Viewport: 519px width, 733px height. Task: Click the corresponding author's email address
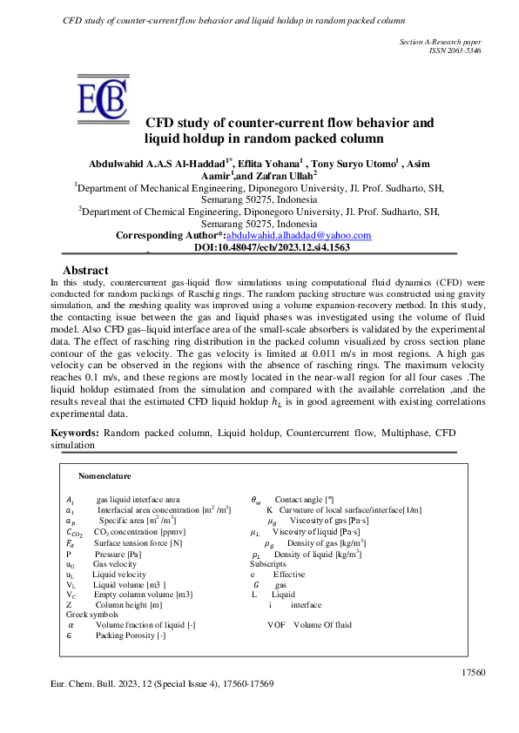[x=299, y=235]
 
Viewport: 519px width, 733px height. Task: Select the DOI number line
[x=272, y=247]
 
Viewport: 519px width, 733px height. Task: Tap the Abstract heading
[x=85, y=271]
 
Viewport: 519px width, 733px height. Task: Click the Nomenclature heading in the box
[x=104, y=476]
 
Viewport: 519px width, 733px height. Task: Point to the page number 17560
[x=470, y=672]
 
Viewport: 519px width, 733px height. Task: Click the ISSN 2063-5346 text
[x=455, y=50]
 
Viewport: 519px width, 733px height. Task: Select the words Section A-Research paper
[x=440, y=41]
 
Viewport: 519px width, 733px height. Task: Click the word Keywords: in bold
[x=75, y=433]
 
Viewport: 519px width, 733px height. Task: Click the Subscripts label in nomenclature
[x=267, y=563]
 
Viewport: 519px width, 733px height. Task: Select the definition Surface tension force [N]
[x=138, y=542]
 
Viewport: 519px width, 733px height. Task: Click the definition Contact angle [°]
[x=304, y=499]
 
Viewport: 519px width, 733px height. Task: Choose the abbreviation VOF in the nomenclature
[x=276, y=624]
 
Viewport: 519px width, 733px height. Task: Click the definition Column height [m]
[x=129, y=604]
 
